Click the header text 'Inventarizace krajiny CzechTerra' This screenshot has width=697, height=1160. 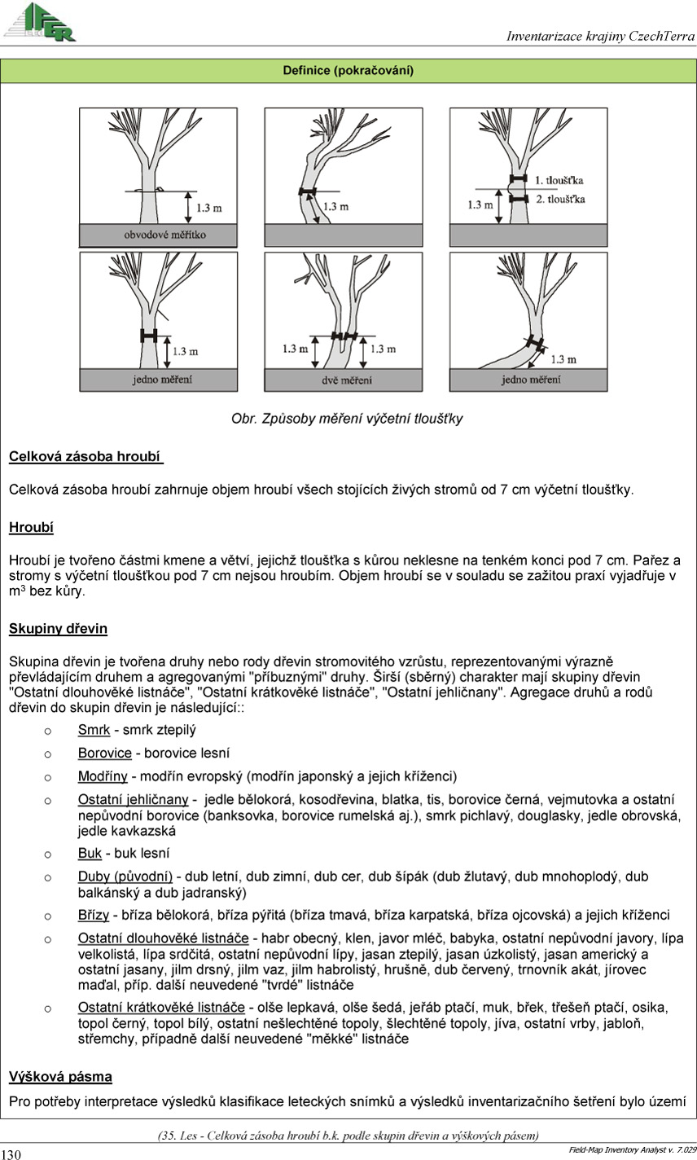click(600, 36)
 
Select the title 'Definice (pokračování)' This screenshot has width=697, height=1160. click(348, 71)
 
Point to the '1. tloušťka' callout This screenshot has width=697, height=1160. click(559, 179)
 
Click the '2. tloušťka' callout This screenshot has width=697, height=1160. click(559, 199)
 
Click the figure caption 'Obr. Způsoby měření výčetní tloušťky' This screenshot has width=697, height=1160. click(347, 419)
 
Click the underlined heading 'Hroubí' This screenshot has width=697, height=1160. click(31, 528)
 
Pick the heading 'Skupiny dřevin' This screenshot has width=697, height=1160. click(58, 629)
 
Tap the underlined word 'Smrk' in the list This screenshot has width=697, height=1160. click(94, 730)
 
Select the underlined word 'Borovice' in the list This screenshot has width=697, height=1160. click(104, 753)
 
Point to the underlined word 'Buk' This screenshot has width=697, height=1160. click(90, 853)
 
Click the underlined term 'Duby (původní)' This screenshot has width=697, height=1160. click(125, 877)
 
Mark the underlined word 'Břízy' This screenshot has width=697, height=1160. click(94, 915)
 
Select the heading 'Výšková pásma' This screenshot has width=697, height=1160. click(60, 1077)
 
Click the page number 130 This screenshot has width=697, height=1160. click(11, 1153)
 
